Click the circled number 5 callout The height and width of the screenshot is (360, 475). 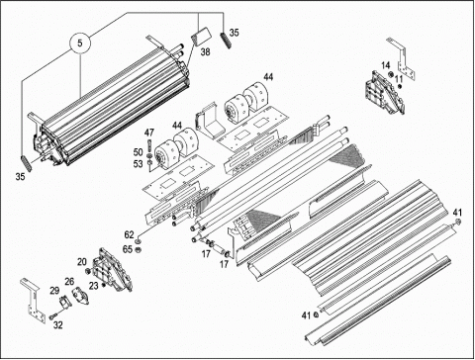(x=80, y=44)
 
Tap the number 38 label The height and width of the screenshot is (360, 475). (x=205, y=52)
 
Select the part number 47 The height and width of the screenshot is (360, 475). (x=149, y=133)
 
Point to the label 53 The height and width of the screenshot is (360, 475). (x=138, y=164)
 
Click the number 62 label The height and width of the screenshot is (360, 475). (x=129, y=234)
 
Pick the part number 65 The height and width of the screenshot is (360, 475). (x=128, y=249)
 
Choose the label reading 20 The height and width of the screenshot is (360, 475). (x=82, y=262)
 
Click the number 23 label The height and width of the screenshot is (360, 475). (x=94, y=286)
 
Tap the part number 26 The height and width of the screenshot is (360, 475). (x=69, y=282)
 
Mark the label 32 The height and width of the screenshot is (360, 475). (x=57, y=325)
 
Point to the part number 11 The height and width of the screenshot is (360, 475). (x=399, y=79)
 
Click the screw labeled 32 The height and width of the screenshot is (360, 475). (x=52, y=316)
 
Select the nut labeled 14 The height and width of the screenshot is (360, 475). (x=391, y=74)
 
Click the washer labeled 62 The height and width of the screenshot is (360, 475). (x=139, y=242)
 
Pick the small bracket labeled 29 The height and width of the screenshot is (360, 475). (x=64, y=302)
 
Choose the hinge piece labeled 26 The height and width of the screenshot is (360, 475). (x=80, y=295)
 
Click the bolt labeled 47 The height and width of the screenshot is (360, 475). (x=149, y=144)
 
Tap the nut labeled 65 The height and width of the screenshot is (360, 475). (x=139, y=249)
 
